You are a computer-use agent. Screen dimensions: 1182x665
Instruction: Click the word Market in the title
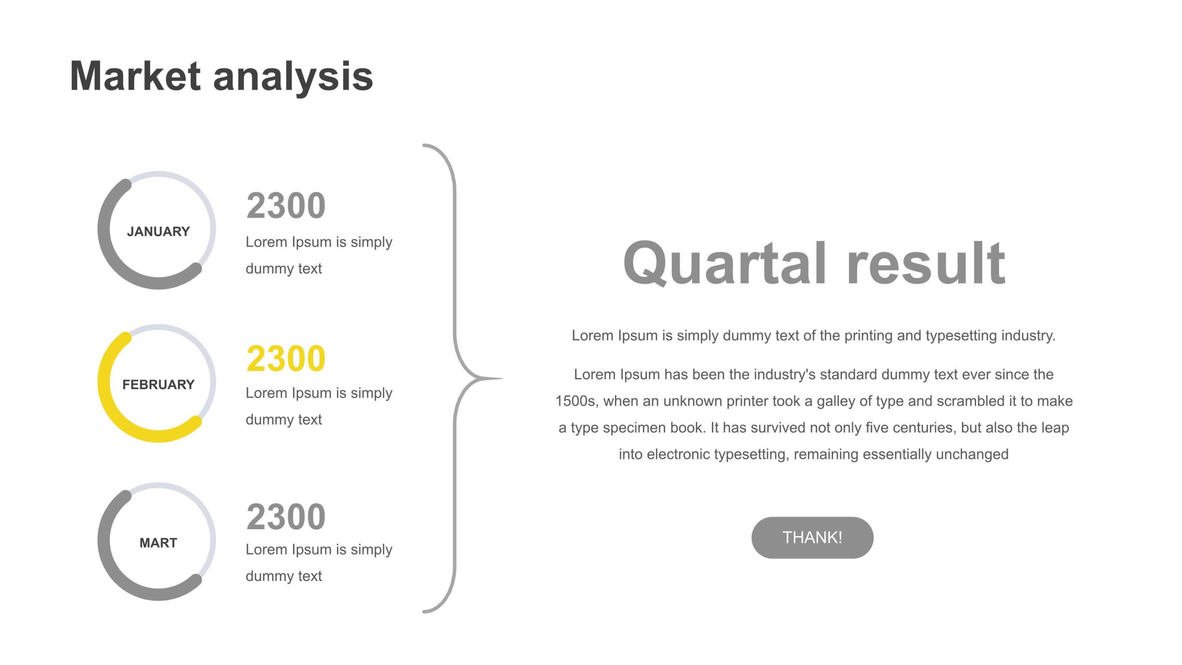(136, 76)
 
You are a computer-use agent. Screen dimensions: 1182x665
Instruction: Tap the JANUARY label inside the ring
(158, 231)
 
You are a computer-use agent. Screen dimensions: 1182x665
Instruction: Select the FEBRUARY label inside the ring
(158, 384)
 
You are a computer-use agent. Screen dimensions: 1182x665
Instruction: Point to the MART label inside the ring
(158, 543)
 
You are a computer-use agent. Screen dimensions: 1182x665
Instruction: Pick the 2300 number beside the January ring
(286, 206)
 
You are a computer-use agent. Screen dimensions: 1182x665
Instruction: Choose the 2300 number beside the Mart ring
(286, 517)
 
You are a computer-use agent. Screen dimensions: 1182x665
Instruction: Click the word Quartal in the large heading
(725, 263)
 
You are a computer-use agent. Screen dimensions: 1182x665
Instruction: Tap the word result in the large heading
(926, 263)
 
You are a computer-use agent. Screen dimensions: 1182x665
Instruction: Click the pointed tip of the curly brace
(503, 379)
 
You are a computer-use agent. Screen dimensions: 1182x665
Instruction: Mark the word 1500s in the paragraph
(576, 401)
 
